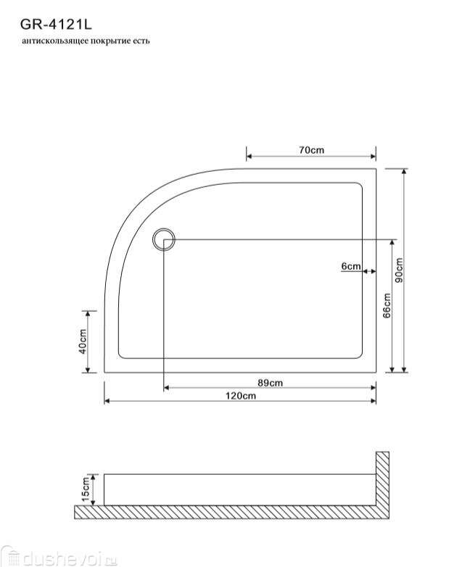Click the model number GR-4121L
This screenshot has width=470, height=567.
(56, 25)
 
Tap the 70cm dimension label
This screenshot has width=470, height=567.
(312, 149)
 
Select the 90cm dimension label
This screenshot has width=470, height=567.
(399, 270)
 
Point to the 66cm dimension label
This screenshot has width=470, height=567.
(387, 305)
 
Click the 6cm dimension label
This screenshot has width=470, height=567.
(351, 266)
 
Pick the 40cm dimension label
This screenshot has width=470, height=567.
(83, 342)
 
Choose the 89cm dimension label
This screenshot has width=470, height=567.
(271, 383)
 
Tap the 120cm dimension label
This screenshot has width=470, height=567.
(241, 396)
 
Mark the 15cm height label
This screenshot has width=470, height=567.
(86, 489)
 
